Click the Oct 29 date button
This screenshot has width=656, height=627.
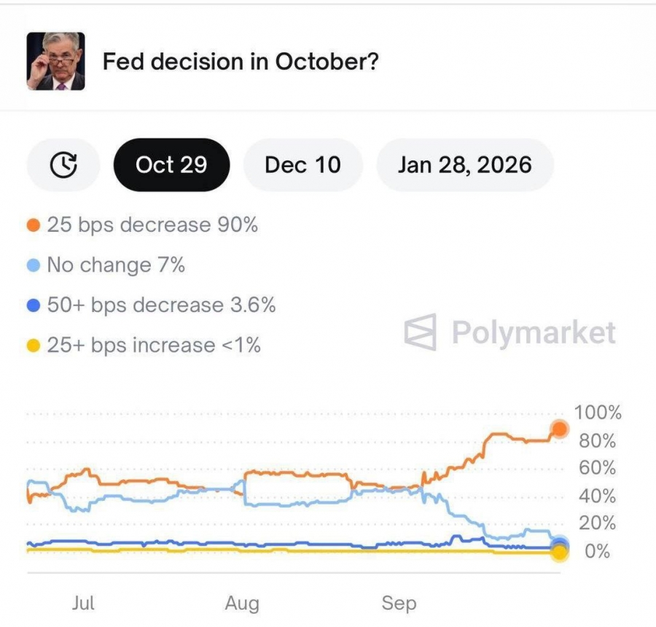click(171, 165)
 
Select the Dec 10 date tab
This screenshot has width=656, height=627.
click(302, 165)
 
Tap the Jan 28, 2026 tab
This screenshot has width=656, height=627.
click(464, 165)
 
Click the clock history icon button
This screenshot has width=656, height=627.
click(63, 165)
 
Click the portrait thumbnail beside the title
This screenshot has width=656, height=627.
click(56, 61)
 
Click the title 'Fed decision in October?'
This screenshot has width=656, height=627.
click(241, 61)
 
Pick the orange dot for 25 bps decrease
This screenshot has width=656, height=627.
click(33, 225)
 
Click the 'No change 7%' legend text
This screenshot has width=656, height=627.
click(116, 265)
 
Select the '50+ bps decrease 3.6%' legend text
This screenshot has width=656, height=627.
click(161, 305)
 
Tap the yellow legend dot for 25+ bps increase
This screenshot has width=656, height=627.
click(33, 345)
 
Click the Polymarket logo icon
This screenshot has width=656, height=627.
click(421, 332)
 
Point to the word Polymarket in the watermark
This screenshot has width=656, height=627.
click(534, 332)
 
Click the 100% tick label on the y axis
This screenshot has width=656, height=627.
click(598, 413)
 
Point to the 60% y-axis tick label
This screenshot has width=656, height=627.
click(598, 468)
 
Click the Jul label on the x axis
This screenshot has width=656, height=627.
click(83, 603)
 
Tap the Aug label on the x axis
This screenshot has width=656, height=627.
click(242, 604)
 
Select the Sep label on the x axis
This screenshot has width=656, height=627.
click(399, 604)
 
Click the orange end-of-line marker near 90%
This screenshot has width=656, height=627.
click(559, 429)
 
